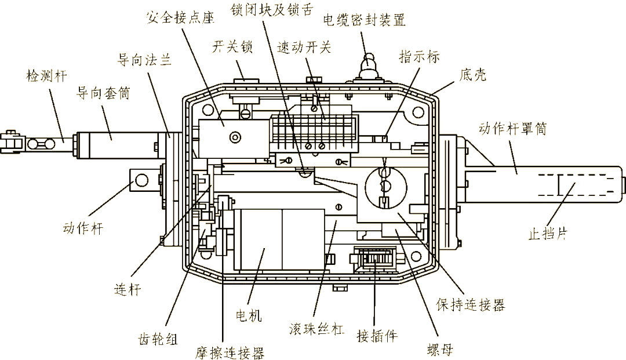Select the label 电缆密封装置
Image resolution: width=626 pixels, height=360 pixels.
pyautogui.click(x=364, y=20)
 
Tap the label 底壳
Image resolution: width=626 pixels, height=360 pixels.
pyautogui.click(x=472, y=75)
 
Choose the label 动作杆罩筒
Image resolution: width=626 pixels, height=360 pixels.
pyautogui.click(x=513, y=129)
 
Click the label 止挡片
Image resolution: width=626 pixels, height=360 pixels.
pyautogui.click(x=547, y=234)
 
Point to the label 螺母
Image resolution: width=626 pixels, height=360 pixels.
pyautogui.click(x=439, y=350)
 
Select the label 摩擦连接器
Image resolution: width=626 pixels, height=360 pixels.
pyautogui.click(x=230, y=352)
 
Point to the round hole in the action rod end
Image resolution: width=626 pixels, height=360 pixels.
pyautogui.click(x=140, y=182)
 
